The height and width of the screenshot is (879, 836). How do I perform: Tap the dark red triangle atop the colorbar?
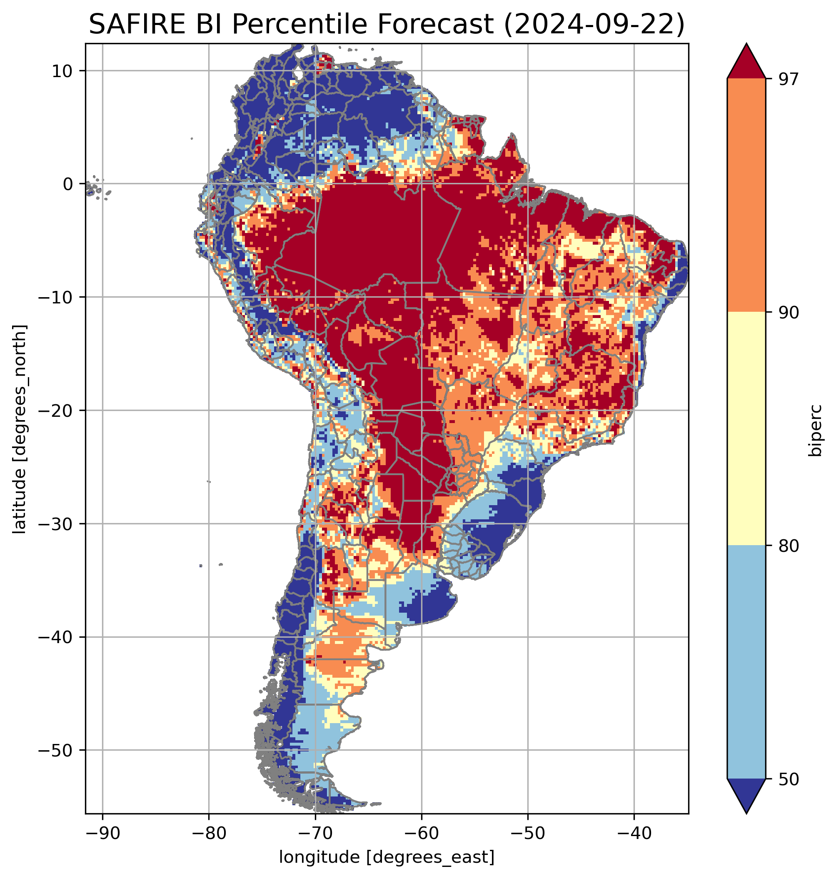pyautogui.click(x=746, y=63)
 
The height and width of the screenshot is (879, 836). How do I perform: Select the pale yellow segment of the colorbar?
pyautogui.click(x=746, y=428)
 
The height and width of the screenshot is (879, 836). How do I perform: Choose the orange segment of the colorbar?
pyautogui.click(x=746, y=195)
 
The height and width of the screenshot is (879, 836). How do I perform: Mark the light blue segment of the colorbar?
pyautogui.click(x=746, y=662)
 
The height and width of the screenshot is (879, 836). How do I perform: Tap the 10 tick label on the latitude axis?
pyautogui.click(x=62, y=71)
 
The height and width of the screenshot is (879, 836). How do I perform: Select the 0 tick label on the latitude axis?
pyautogui.click(x=68, y=184)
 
